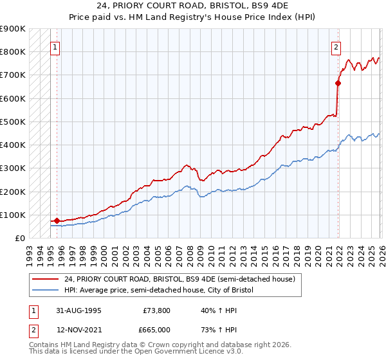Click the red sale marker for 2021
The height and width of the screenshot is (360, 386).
tap(338, 83)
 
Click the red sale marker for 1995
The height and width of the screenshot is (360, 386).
tap(57, 221)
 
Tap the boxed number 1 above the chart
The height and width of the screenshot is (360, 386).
tap(55, 46)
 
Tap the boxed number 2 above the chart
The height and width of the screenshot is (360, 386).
tap(336, 46)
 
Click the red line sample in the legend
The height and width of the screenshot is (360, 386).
tap(46, 279)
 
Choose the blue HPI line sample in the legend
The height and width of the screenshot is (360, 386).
tap(46, 291)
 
